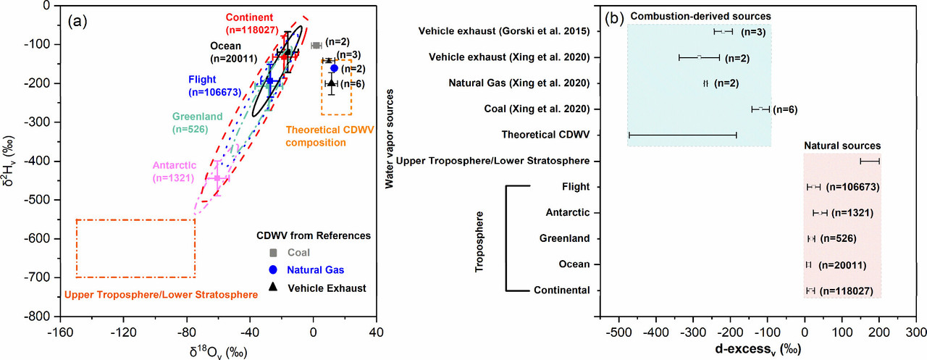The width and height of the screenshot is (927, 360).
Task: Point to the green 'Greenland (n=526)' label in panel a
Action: (190, 123)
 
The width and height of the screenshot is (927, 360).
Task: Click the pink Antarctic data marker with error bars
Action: (217, 177)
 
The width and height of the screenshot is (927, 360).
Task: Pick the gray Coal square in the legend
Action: (272, 252)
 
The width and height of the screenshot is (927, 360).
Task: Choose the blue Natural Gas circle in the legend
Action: (272, 270)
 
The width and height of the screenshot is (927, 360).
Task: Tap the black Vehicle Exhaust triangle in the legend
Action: (272, 288)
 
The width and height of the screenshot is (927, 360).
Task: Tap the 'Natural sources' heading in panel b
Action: (842, 146)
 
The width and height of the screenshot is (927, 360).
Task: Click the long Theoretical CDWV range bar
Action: (682, 135)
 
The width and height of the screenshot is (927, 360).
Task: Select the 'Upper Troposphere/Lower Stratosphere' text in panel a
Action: (161, 295)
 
